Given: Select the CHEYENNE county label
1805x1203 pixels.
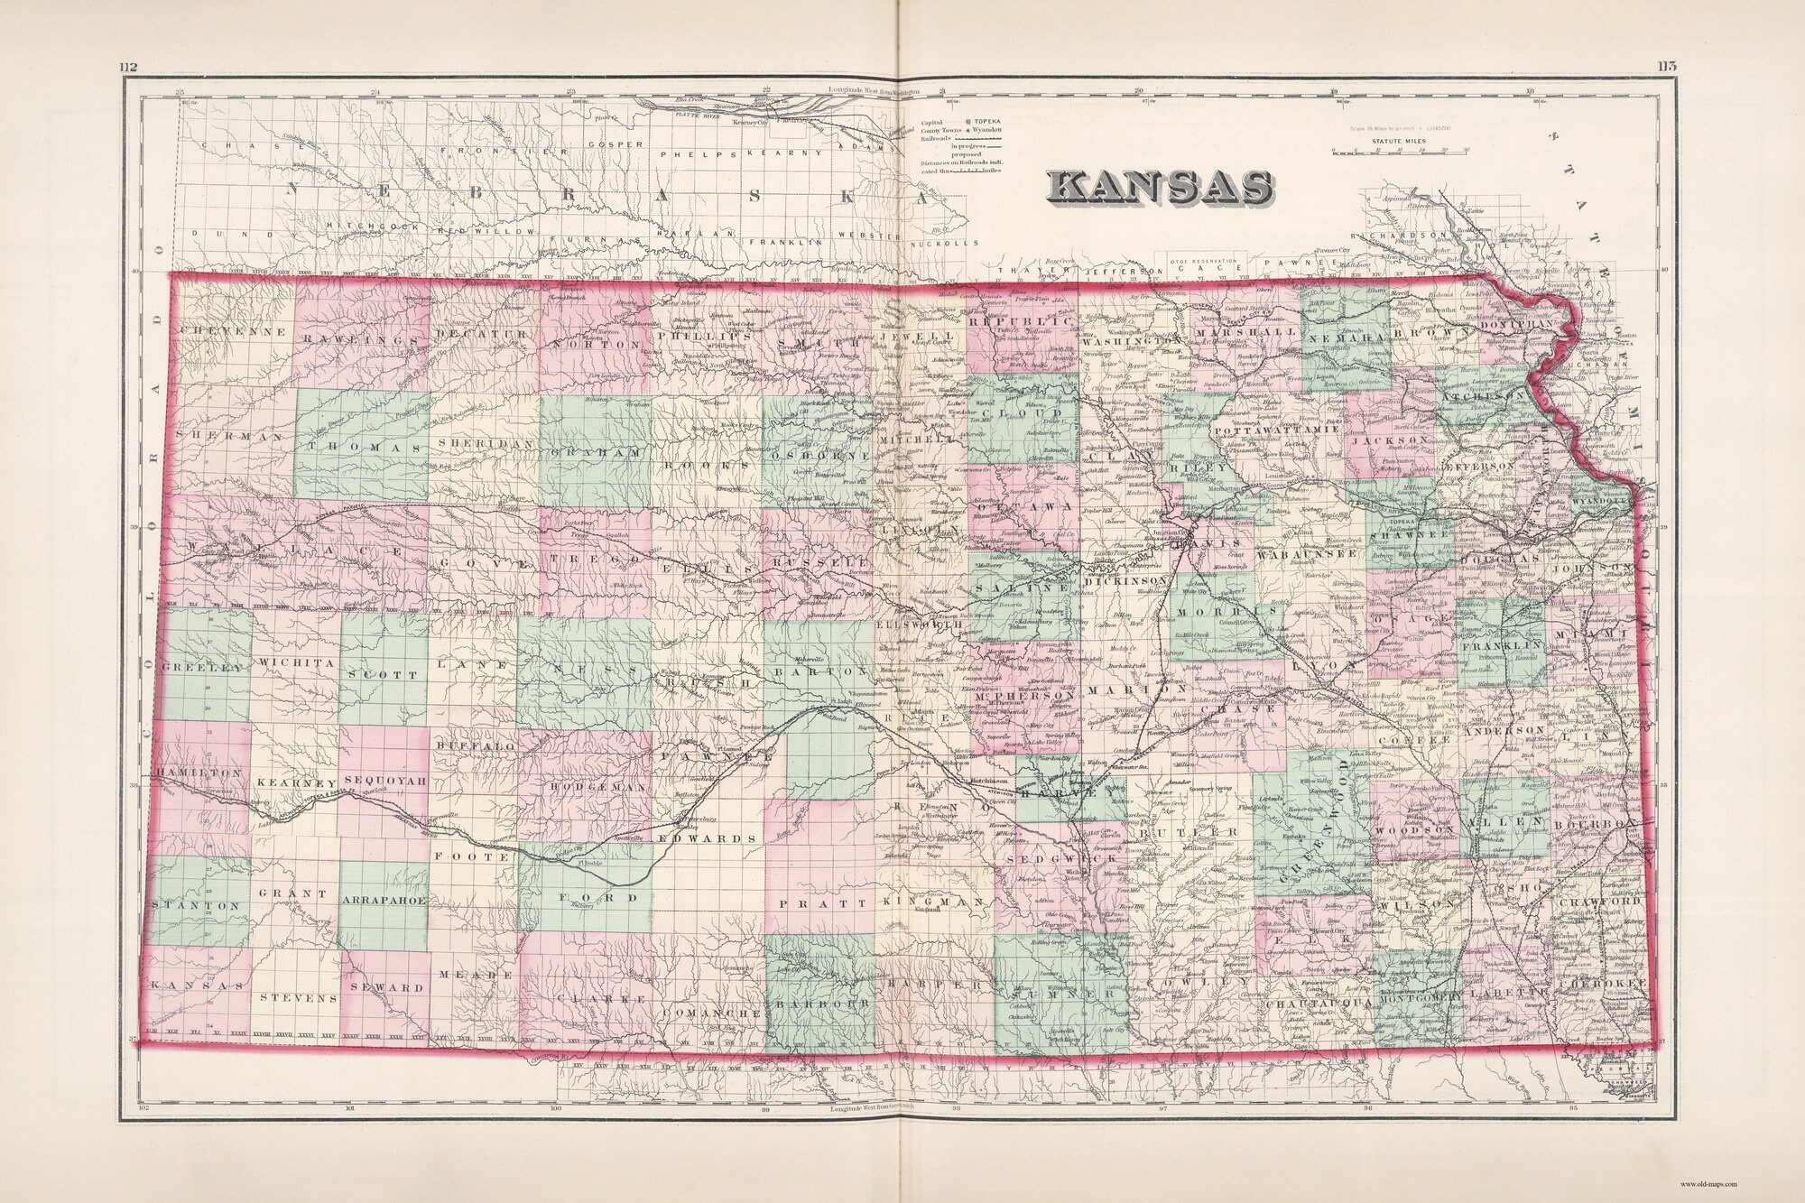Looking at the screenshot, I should pyautogui.click(x=233, y=332).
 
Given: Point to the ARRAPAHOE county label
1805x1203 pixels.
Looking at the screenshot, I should pyautogui.click(x=384, y=901).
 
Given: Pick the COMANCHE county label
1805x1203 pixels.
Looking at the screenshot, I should pyautogui.click(x=713, y=1013).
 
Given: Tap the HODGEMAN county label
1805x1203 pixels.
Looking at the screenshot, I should pyautogui.click(x=594, y=787).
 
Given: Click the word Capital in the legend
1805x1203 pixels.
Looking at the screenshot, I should pyautogui.click(x=933, y=120).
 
